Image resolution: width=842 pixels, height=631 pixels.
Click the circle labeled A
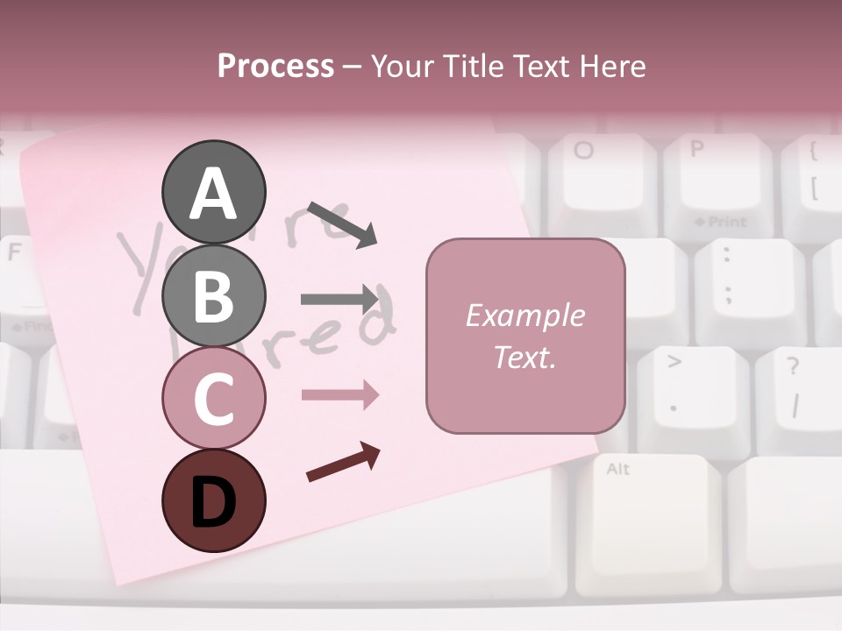pos(213,192)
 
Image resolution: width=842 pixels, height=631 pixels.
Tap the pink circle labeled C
pos(213,398)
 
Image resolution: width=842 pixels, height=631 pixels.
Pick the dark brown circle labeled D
pos(213,500)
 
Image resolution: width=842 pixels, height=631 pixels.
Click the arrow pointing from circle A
pos(342,224)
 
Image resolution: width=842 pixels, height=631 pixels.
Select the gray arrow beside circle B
pos(339,299)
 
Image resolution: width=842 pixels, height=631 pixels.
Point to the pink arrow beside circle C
pos(339,395)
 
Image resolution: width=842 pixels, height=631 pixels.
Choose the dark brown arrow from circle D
pos(343,461)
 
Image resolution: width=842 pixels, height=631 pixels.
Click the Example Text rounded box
pos(525,336)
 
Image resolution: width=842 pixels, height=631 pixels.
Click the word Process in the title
pos(275,66)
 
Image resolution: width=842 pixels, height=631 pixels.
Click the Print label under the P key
pos(720,222)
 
